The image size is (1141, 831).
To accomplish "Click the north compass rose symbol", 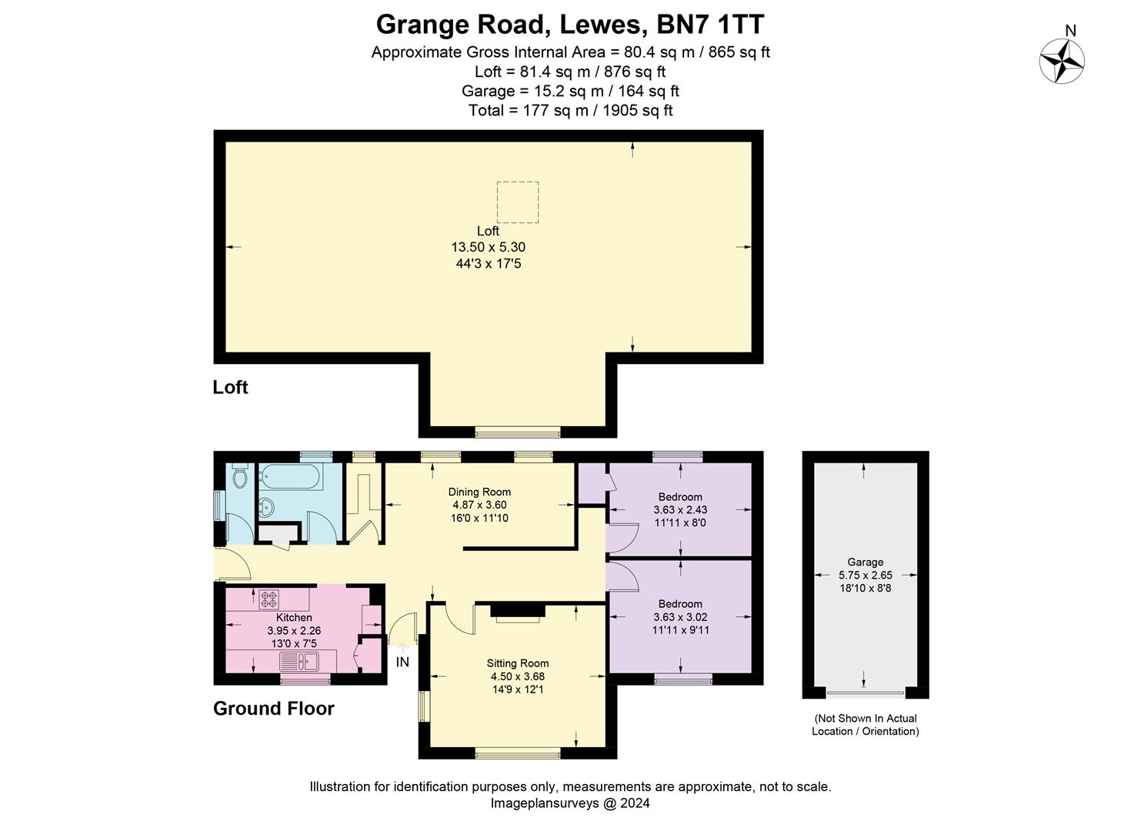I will pos(1062,60).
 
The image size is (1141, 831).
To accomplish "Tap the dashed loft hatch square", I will pos(517,202).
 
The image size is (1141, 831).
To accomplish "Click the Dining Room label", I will pos(479,492).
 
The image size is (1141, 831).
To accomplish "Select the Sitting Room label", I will pos(517,663).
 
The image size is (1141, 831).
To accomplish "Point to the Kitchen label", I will pos(294,618).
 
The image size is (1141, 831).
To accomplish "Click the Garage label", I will pos(865,562).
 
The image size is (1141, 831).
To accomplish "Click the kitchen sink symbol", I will pos(299,661).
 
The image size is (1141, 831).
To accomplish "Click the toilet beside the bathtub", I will pos(239,476).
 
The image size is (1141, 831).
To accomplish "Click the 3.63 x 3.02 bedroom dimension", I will pos(680,617).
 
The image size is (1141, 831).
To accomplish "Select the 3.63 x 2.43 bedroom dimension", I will pos(680,509).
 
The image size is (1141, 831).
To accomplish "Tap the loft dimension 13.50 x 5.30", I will pos(488,247).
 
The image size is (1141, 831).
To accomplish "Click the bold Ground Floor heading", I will pos(273,708).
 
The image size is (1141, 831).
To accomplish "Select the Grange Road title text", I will pos(569,25).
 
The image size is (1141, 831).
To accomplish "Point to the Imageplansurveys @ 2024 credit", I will pos(570,803).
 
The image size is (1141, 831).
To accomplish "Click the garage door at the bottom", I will pos(866,693).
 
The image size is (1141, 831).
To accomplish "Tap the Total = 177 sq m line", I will pos(570,110).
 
